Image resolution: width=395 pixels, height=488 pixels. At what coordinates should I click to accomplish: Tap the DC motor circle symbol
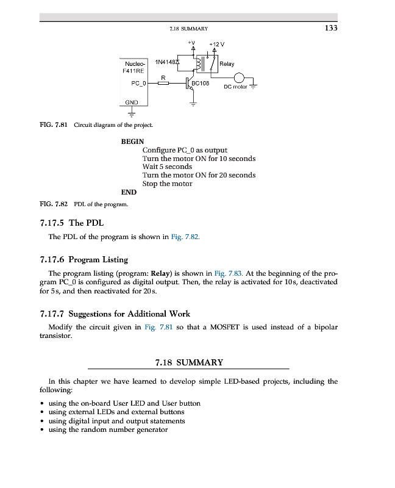[240, 78]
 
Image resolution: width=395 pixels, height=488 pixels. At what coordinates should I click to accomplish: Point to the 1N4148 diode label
[167, 62]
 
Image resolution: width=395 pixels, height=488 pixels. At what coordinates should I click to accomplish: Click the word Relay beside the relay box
[226, 64]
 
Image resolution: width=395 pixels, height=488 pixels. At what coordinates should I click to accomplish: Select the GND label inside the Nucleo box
[132, 102]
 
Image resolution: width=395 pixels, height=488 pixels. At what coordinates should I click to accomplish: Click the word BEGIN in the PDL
[132, 142]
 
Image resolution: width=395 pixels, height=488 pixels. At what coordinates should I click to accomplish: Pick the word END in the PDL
[129, 192]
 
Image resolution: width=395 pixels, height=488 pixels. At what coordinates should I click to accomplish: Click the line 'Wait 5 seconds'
[167, 167]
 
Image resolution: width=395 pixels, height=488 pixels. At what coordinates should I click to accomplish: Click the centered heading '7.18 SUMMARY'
[189, 362]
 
